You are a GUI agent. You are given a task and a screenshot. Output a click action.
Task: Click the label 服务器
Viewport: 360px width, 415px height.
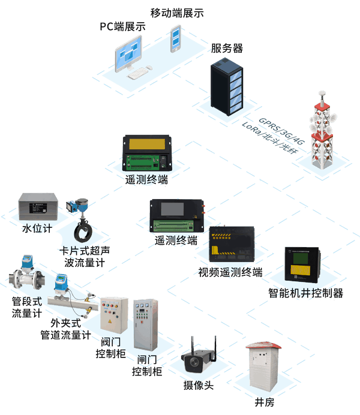click(226, 49)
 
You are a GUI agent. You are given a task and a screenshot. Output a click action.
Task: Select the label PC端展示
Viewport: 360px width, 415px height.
click(122, 26)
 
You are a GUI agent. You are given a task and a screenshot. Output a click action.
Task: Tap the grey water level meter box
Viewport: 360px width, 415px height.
click(37, 206)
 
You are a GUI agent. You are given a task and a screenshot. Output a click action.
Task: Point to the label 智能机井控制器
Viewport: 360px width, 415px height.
click(305, 293)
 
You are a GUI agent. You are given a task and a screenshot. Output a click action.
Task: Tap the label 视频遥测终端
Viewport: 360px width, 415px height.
click(230, 272)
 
